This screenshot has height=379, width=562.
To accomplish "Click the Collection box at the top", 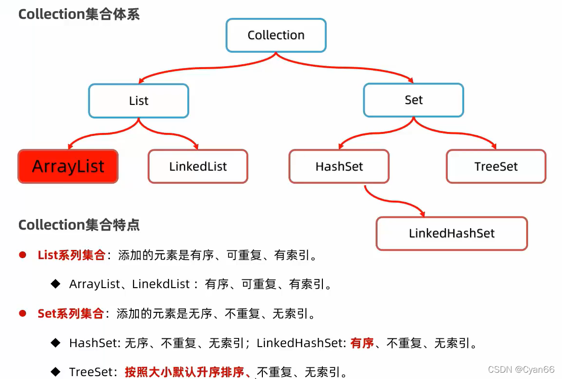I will click(x=276, y=35).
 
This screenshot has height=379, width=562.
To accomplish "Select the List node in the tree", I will click(x=138, y=101).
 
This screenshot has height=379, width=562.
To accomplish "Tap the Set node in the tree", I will click(x=413, y=100).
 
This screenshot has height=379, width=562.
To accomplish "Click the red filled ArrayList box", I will click(x=68, y=166).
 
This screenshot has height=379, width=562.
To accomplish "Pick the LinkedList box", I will click(x=198, y=167).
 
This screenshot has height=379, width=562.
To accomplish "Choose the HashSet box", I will click(x=339, y=167).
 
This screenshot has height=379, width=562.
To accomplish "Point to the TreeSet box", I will click(x=496, y=167).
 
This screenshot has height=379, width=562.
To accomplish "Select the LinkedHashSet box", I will click(x=452, y=233).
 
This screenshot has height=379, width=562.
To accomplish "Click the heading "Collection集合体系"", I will click(x=79, y=14).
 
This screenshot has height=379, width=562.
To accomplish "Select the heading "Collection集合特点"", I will click(x=79, y=225).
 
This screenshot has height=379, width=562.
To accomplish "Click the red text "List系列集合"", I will click(x=71, y=255).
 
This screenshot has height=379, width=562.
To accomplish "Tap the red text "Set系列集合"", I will click(x=70, y=314).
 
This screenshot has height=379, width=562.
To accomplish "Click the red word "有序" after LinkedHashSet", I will click(x=362, y=343).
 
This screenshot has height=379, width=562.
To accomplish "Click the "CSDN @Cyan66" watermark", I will click(x=521, y=370).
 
